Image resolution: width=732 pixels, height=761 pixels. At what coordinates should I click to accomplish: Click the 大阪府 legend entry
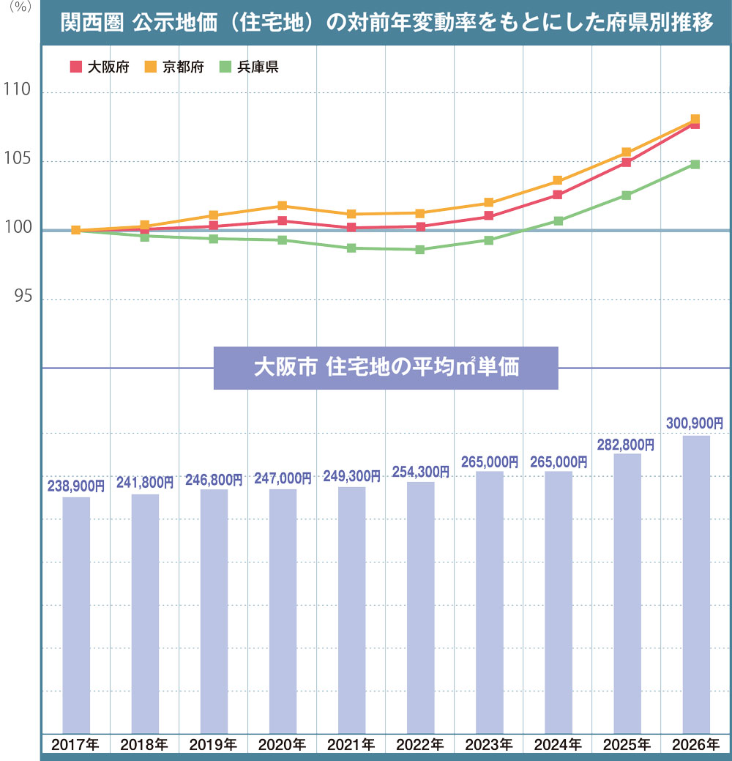(x=100, y=67)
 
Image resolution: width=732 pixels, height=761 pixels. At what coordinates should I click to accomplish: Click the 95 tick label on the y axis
(x=20, y=298)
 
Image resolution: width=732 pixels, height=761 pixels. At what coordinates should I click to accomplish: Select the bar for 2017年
(x=76, y=615)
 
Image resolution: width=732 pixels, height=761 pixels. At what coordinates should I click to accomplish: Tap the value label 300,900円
(x=695, y=423)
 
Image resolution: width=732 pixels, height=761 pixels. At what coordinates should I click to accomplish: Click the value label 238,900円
(x=76, y=485)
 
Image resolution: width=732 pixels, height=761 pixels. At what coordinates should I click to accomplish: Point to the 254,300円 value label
(x=421, y=469)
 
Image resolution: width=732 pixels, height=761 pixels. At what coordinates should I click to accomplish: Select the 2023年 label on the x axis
(x=489, y=746)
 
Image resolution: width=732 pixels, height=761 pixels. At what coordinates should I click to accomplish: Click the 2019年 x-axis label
(x=213, y=746)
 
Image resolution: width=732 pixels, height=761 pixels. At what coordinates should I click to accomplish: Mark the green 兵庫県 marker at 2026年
(x=695, y=164)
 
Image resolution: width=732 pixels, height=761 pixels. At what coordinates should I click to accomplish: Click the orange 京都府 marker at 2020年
(x=283, y=206)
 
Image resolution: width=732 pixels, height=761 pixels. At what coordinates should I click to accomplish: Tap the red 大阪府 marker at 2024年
(x=558, y=195)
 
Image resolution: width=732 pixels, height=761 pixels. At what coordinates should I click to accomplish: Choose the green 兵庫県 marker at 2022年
(x=419, y=250)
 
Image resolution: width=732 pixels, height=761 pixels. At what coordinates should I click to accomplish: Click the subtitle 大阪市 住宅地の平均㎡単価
(x=386, y=367)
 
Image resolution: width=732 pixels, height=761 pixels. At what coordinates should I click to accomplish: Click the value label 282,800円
(x=627, y=444)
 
